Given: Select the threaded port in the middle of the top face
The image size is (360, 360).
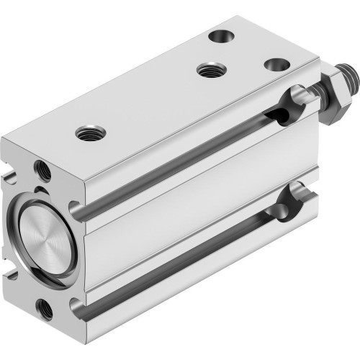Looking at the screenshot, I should (210, 70).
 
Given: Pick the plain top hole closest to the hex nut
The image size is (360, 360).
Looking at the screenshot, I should (273, 65).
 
